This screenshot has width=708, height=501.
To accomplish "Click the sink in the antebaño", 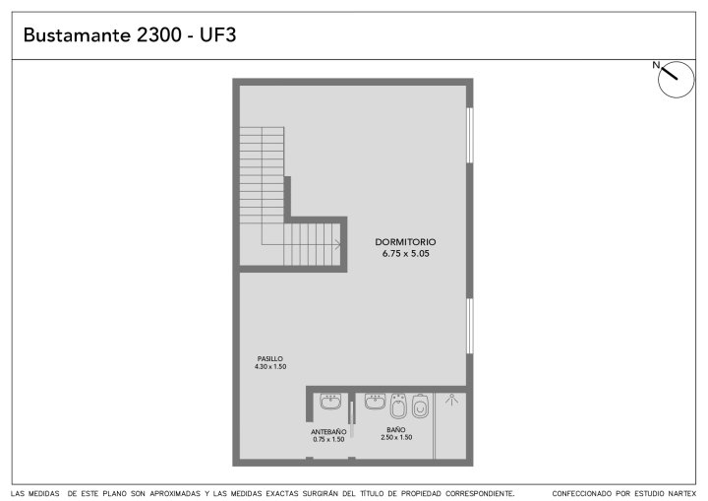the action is [330, 402].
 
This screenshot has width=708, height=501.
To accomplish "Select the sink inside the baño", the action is [375, 402].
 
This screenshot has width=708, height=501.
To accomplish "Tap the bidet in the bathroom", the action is [398, 407].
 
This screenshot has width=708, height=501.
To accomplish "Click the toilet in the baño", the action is [421, 407].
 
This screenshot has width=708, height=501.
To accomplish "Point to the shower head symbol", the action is [451, 400].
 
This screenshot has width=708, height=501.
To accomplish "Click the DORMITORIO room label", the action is [405, 242].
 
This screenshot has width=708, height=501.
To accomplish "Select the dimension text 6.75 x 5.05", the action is [405, 254].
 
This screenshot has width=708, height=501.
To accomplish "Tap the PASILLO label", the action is [270, 358].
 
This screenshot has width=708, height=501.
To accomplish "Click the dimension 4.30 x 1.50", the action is [270, 367].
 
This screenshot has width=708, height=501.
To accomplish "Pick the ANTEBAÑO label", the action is [328, 432].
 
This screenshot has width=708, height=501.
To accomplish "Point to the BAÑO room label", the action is [396, 429].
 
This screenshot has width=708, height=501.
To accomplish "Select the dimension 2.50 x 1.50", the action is [396, 437].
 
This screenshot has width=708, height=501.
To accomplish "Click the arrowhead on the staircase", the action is [337, 245].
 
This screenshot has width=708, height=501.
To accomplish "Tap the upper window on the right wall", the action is [470, 135].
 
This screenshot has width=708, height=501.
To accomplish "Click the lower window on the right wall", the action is [470, 326].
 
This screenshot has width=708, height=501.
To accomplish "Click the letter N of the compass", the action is [656, 65].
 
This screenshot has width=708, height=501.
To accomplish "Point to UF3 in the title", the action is [218, 34].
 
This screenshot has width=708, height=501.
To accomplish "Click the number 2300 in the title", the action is [159, 34].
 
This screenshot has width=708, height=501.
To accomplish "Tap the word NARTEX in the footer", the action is [682, 494].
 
